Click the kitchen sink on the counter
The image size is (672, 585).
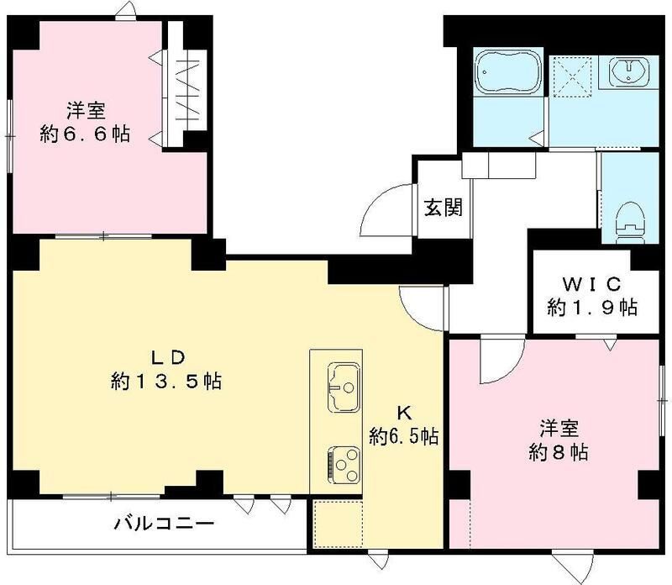(344, 387)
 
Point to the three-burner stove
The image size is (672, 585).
(344, 461)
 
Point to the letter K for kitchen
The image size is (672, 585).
(403, 413)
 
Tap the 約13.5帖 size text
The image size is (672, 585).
(165, 382)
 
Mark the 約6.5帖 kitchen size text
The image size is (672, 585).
(404, 436)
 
